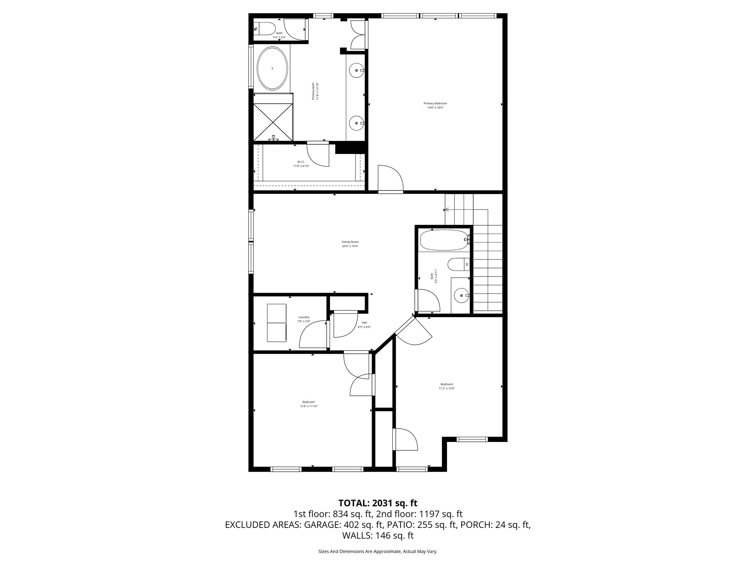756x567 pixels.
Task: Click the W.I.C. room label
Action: point(301,162)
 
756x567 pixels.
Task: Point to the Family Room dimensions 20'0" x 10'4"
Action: point(350,246)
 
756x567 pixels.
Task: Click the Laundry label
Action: point(304,317)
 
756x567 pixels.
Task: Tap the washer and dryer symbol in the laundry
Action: point(276,323)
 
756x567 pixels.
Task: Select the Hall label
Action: point(364,323)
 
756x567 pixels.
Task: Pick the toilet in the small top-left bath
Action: point(265,28)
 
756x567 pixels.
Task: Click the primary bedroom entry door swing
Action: point(391,178)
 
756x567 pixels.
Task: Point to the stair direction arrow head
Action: point(446,210)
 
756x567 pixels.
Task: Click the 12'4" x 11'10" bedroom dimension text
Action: point(309,406)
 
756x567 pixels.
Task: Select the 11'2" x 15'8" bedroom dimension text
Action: point(446,388)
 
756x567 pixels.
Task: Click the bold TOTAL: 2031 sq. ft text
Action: point(378,503)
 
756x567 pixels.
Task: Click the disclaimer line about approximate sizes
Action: point(378,551)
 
